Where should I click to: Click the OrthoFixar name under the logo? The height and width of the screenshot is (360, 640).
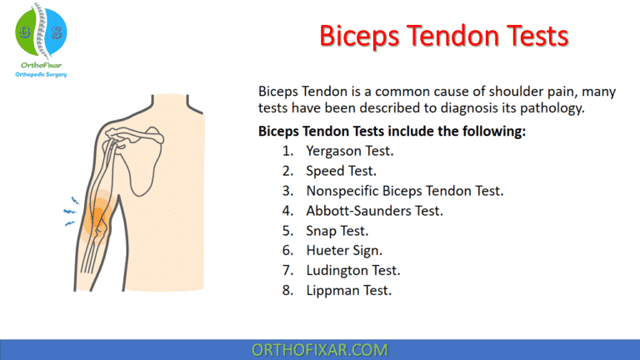pyautogui.click(x=41, y=65)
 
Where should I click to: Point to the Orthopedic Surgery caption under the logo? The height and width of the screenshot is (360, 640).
pyautogui.click(x=41, y=75)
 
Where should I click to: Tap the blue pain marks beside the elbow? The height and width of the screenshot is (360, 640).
pyautogui.click(x=70, y=212)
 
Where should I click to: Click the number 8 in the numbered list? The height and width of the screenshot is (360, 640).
pyautogui.click(x=287, y=291)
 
